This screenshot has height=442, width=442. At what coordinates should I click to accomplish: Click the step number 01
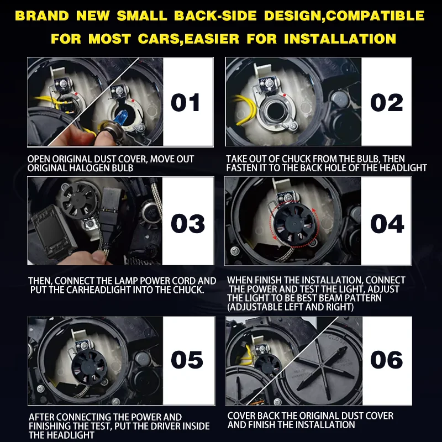186,102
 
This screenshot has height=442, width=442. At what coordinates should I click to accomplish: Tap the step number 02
386,102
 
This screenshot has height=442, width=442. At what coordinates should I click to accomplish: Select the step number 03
188,224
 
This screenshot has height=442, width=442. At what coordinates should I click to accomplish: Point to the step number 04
387,224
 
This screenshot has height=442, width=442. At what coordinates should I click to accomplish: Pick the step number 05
187,360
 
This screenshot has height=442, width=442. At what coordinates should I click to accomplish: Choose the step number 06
386,360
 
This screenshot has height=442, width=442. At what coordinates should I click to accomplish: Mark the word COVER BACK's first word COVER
241,416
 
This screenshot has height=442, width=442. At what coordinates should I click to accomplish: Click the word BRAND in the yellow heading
42,16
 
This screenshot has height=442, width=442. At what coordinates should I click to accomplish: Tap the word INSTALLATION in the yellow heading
340,39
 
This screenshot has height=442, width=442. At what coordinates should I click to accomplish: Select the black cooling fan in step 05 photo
90,367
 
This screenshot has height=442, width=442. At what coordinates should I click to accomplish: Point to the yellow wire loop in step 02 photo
244,110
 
